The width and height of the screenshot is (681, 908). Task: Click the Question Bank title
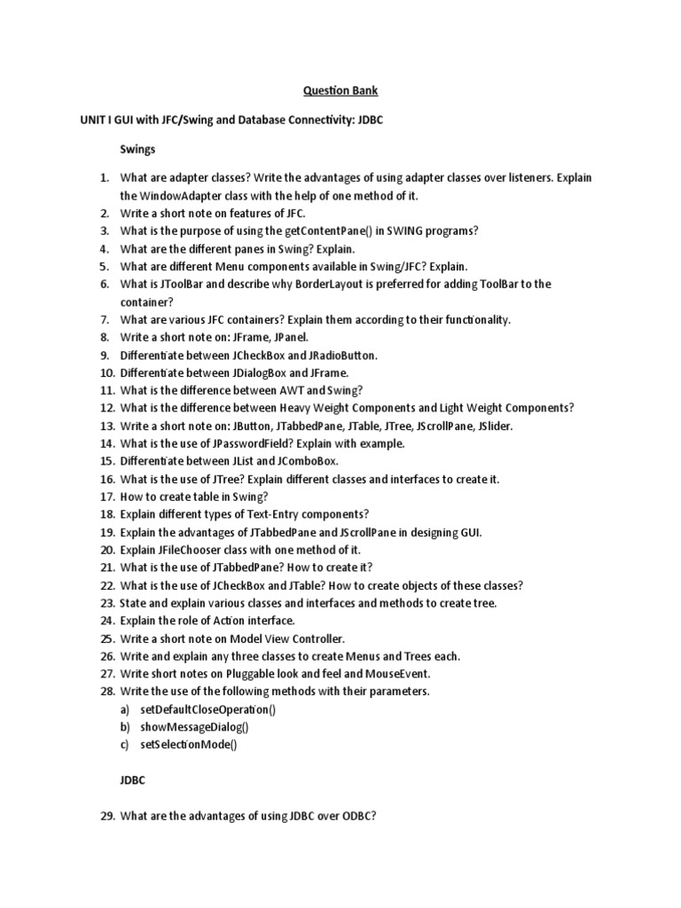coord(340,90)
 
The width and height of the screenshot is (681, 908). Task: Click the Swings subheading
coord(139,152)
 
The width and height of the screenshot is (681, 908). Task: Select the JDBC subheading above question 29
coord(133,781)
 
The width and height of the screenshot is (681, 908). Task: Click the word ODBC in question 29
coord(357,817)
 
